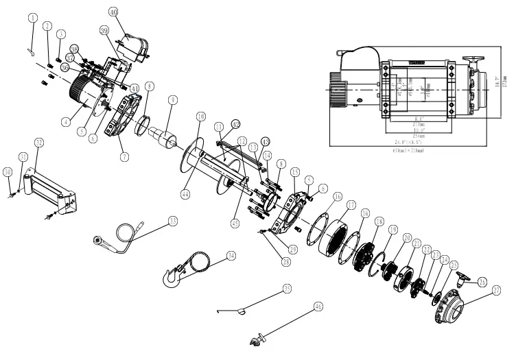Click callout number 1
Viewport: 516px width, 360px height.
[32, 19]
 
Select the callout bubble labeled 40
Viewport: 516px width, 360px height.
[113, 12]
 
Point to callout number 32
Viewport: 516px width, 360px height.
[39, 143]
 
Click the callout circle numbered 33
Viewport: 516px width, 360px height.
[172, 221]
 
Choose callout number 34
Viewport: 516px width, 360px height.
[231, 255]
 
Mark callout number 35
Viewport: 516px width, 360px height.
[287, 289]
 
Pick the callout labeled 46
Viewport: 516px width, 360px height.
[318, 307]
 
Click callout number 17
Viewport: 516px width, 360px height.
[351, 204]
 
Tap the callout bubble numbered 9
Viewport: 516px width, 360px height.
[173, 99]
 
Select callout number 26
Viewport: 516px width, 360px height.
[482, 281]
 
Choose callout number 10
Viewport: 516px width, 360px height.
[200, 117]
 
